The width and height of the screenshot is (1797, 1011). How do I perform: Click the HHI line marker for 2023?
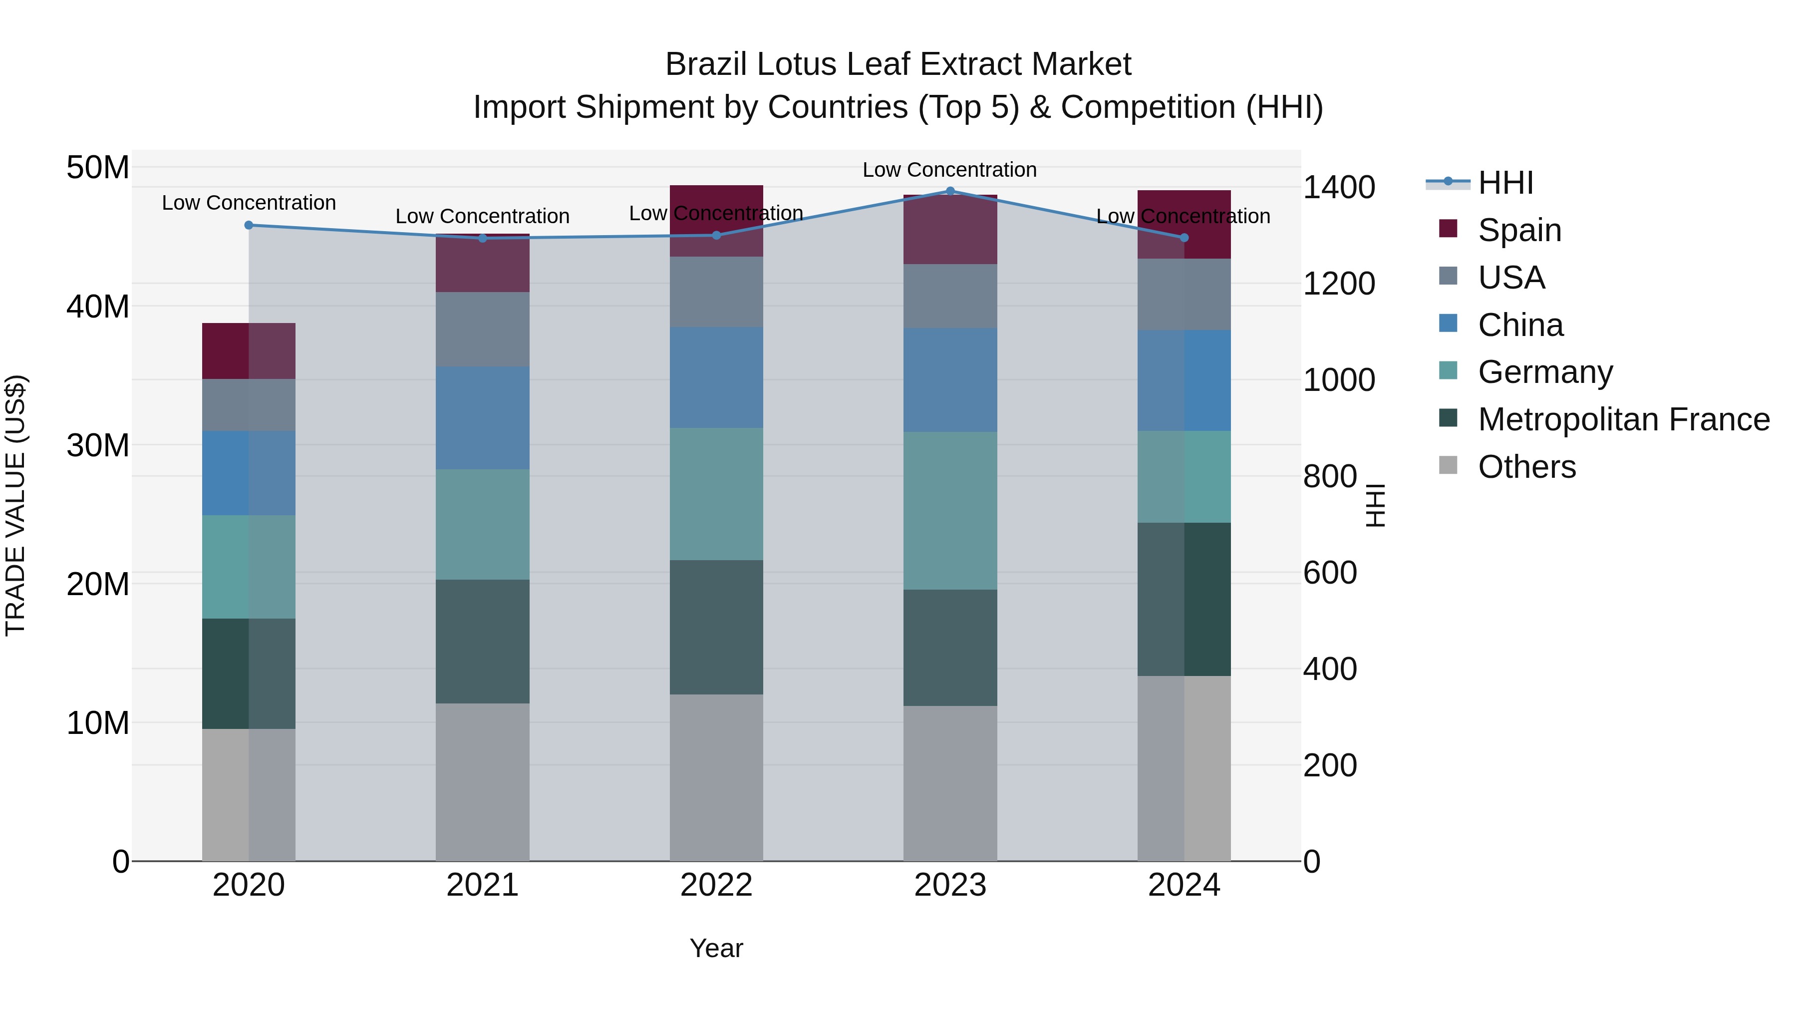949,191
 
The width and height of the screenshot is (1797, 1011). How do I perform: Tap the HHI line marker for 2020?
249,225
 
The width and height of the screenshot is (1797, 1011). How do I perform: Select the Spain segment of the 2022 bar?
716,221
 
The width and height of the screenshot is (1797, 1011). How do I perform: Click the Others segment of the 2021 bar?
482,781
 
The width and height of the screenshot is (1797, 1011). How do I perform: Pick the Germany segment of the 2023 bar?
949,510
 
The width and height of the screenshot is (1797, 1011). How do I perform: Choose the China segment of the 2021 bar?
482,417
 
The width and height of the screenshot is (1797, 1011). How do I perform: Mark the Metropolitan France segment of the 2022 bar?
716,627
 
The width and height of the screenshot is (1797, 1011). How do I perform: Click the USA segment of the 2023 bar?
949,296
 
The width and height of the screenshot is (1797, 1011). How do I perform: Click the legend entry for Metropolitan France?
1623,419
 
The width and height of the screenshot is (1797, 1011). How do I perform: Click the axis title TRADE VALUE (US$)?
15,505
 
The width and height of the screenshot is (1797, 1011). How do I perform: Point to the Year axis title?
716,948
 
